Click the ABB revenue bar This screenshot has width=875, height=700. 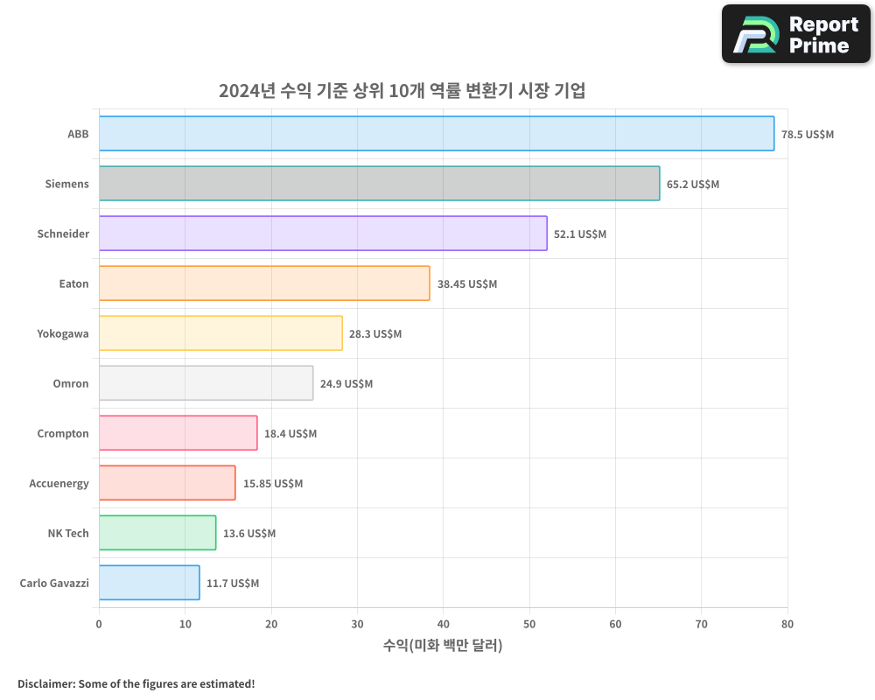(436, 134)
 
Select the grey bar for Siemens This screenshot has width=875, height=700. (379, 184)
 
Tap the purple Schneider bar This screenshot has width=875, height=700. (322, 234)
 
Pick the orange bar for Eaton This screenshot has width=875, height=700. (263, 283)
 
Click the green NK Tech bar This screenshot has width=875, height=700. (157, 533)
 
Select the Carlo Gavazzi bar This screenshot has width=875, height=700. (149, 583)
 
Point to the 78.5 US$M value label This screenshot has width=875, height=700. (808, 135)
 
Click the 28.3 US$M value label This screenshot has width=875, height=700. (375, 334)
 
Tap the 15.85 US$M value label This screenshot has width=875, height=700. (273, 484)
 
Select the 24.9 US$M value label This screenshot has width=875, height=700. (346, 384)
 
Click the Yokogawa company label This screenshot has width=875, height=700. (63, 333)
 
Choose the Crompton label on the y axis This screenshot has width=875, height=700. (63, 433)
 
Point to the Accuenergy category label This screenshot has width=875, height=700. (59, 483)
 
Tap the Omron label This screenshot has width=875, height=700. (71, 383)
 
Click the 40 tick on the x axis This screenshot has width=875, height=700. (443, 624)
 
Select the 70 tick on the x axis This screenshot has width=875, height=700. (702, 624)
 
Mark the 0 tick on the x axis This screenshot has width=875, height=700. (99, 624)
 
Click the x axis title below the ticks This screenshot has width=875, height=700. (443, 646)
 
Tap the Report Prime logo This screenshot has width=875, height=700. (795, 34)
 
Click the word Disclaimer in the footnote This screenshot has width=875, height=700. (45, 683)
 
